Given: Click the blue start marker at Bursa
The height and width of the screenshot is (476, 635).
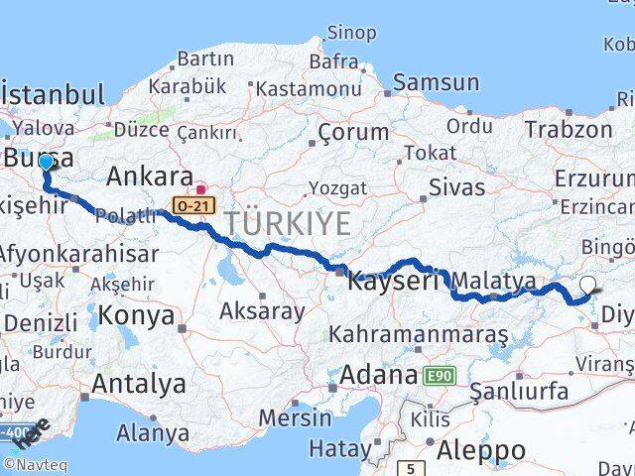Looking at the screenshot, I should click(46, 162).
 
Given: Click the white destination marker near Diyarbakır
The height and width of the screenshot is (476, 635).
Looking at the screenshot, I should click(587, 286).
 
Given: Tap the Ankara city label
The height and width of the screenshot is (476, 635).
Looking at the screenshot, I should click(149, 177).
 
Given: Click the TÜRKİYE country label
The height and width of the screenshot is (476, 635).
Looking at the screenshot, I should click(288, 224).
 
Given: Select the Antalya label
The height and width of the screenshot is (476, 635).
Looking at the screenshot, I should click(139, 383).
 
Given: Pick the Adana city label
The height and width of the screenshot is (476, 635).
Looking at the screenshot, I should click(379, 376).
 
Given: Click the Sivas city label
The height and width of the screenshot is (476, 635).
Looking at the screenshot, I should click(457, 186).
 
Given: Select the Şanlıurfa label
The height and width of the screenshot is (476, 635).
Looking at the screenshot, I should click(519, 391).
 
